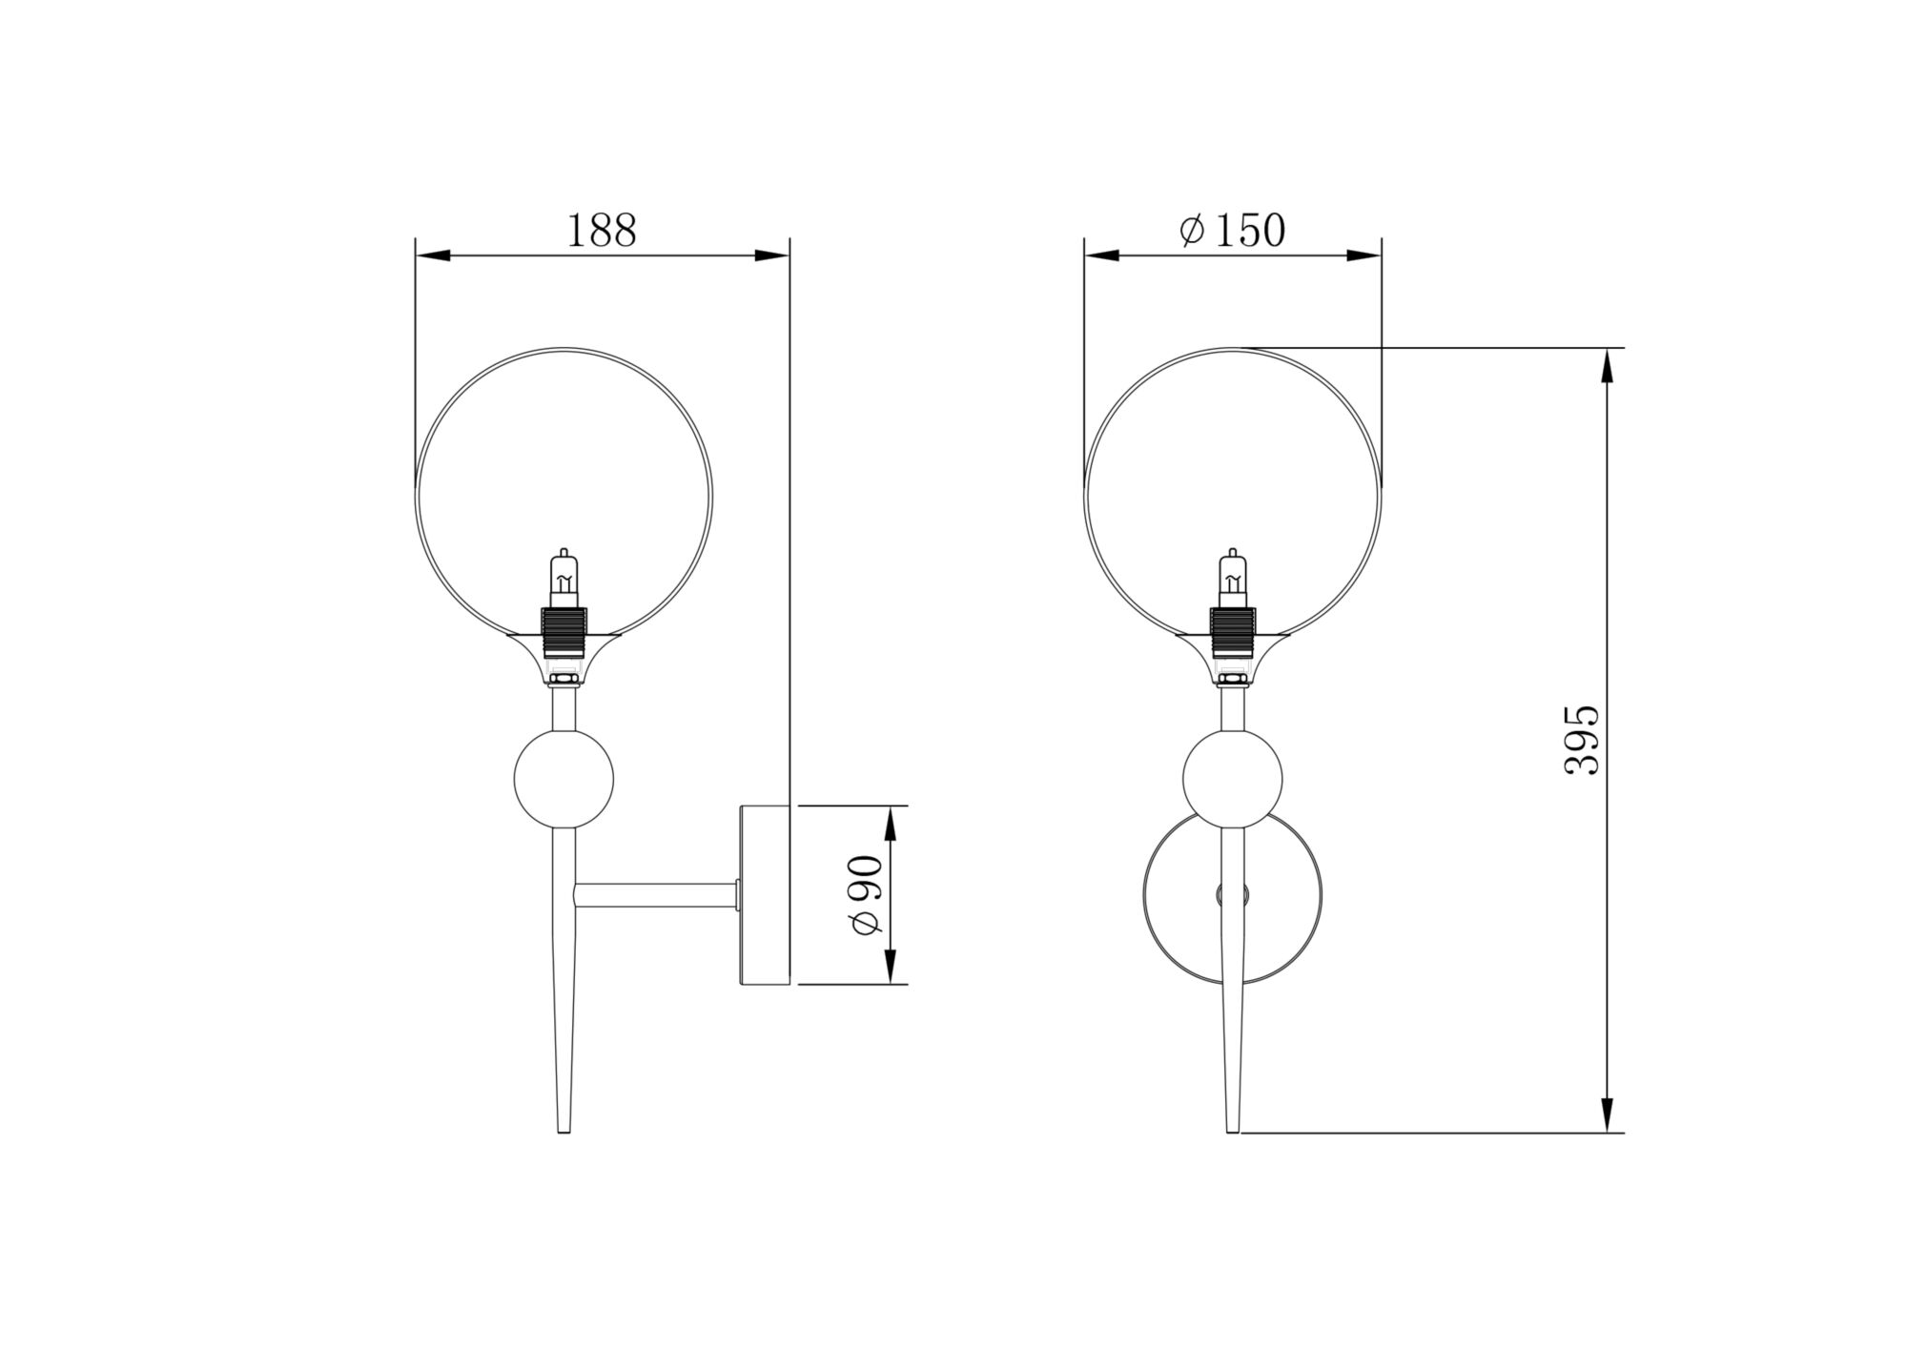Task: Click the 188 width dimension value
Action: (x=602, y=232)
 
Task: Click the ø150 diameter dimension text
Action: (x=1232, y=231)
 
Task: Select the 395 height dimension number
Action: (x=1583, y=740)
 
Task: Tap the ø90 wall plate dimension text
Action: (x=867, y=895)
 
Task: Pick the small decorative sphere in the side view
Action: (x=564, y=779)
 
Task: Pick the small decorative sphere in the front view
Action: (x=1232, y=779)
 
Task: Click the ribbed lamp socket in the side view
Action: (x=564, y=630)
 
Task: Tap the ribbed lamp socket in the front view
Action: (x=1232, y=630)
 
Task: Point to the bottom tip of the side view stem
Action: (x=564, y=1128)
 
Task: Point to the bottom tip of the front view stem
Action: (x=1232, y=1128)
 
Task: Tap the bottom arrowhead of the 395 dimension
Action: (x=1607, y=1115)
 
